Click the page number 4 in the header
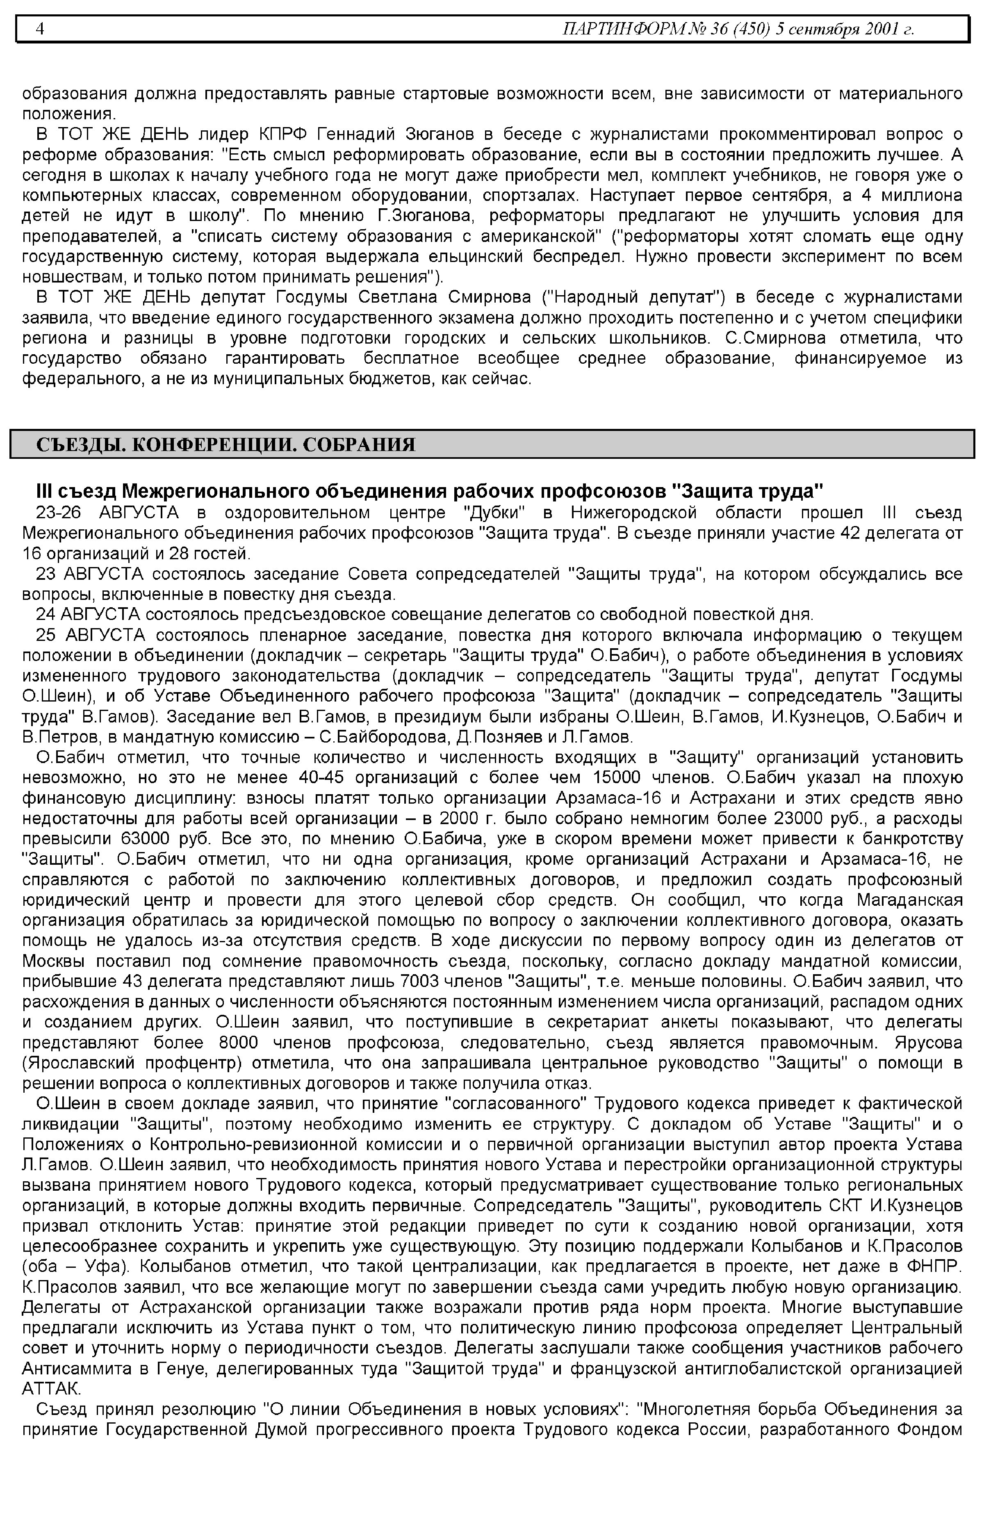(40, 30)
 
